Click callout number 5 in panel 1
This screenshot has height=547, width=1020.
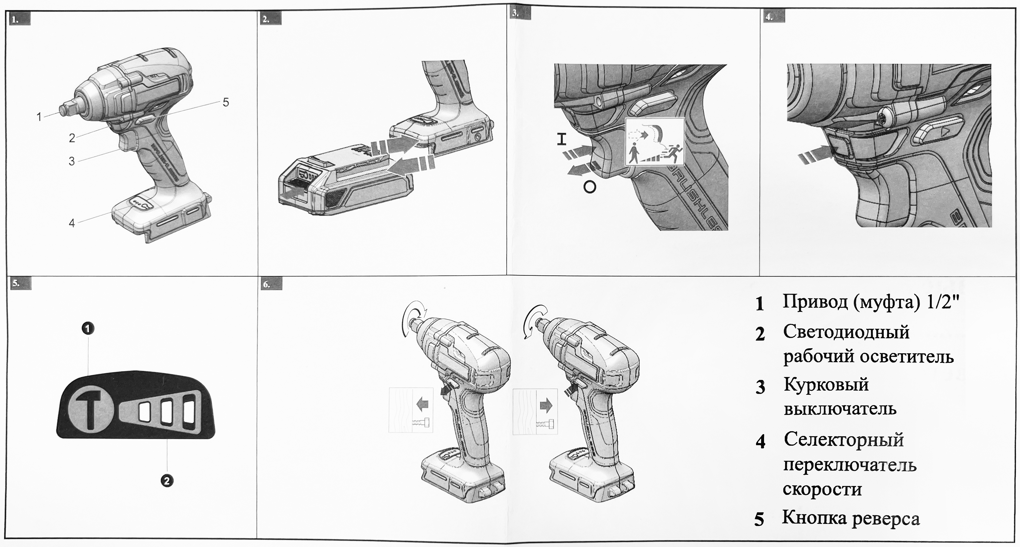226,102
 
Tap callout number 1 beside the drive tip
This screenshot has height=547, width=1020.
39,117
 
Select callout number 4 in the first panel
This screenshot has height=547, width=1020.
72,223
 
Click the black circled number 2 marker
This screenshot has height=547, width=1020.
167,481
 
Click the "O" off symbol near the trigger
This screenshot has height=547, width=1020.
590,187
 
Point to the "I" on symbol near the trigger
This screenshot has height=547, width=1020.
561,139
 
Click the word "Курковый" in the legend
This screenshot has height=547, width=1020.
826,385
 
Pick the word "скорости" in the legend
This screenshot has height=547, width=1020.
822,490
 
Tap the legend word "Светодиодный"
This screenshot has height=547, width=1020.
846,332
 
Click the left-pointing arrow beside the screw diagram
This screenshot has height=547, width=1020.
422,405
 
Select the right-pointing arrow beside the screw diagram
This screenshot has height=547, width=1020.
546,405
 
